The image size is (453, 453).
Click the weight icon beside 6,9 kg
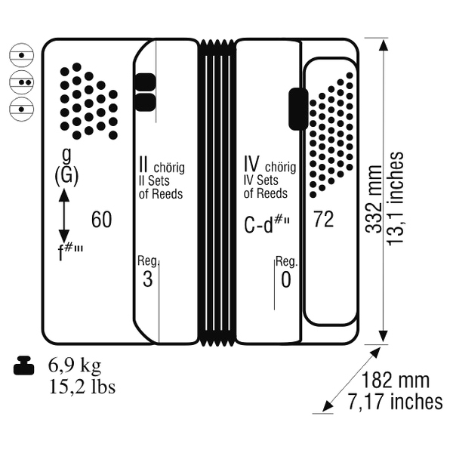24,365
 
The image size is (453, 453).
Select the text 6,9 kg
75,365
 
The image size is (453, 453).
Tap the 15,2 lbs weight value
82,387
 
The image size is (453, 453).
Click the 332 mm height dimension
374,199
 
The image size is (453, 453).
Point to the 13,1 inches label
395,199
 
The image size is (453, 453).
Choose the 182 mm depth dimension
395,380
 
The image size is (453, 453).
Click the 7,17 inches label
395,402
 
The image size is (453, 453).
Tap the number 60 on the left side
101,220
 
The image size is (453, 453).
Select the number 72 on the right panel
324,219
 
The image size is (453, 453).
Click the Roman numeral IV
251,164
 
